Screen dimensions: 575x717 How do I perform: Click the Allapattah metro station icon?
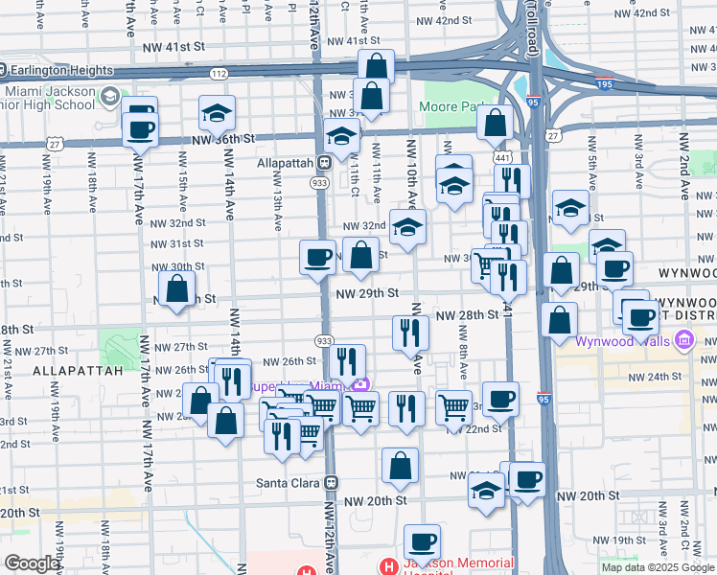(324, 164)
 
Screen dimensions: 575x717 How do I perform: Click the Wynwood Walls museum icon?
(682, 339)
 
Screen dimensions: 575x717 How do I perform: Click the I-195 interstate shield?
(604, 84)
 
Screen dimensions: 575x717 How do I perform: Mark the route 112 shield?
(220, 73)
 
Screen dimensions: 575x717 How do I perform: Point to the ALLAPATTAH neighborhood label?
(79, 370)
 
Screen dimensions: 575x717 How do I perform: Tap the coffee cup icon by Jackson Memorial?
(422, 541)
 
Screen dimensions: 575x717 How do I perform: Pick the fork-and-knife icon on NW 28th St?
(410, 333)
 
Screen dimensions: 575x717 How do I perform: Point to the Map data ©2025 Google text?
(657, 567)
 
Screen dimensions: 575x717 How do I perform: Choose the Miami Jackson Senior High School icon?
(110, 97)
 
